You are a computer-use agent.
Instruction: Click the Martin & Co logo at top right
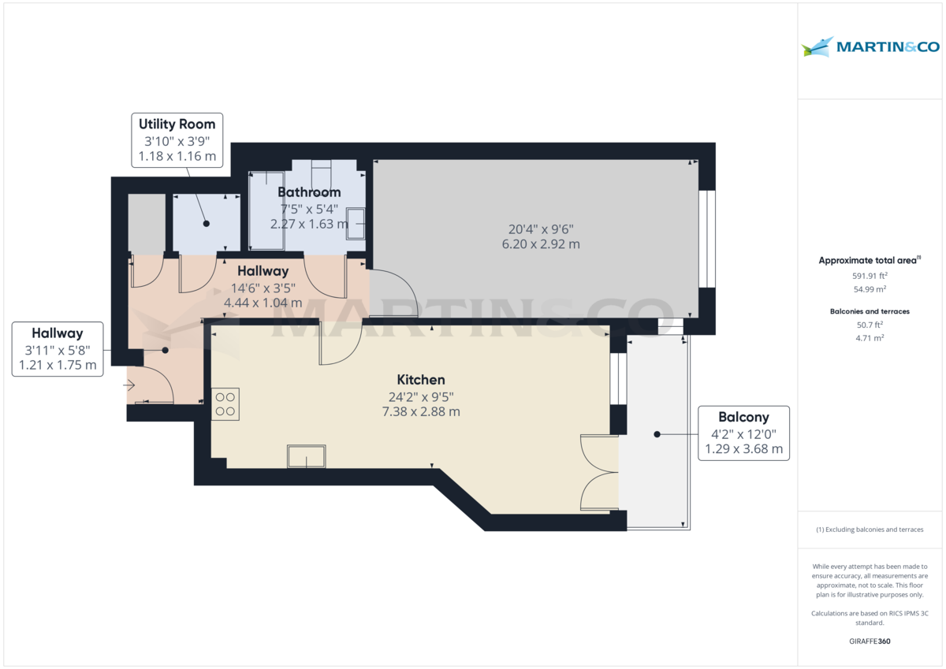870,47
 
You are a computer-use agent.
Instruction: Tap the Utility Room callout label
177,139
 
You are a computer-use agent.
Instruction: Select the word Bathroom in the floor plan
309,192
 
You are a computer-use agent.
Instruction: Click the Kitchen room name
421,380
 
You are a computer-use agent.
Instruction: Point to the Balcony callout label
743,433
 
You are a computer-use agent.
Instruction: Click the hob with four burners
225,403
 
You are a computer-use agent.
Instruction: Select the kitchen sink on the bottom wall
307,455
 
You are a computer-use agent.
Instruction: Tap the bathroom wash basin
356,223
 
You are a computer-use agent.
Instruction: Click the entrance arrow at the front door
129,385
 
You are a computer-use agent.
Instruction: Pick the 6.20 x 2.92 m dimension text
540,244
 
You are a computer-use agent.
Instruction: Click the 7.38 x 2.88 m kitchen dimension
420,411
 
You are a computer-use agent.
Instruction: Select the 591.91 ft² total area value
870,276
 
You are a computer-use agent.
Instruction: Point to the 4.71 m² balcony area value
870,338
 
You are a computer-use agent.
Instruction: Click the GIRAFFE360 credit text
870,641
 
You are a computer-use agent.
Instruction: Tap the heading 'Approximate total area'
867,260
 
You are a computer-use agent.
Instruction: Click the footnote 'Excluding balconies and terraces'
870,530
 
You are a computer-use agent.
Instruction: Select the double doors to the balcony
599,473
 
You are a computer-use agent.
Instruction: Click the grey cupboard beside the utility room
147,223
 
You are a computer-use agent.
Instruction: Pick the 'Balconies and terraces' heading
870,311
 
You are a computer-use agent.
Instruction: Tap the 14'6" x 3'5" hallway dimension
263,287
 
